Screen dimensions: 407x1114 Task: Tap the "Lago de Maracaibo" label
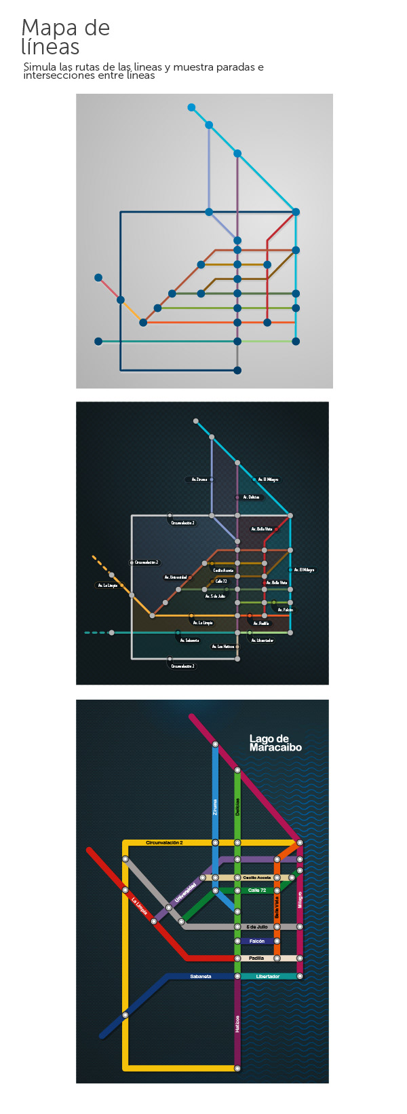[x=275, y=743]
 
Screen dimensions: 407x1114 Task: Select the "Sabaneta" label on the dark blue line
[x=201, y=976]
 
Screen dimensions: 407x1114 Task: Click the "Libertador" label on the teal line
[x=268, y=976]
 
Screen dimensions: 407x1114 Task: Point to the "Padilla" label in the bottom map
[x=256, y=958]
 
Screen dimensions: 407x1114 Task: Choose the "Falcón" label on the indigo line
[x=257, y=941]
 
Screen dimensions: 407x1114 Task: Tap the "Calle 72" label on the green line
[x=257, y=891]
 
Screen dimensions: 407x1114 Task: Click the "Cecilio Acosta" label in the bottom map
[x=257, y=878]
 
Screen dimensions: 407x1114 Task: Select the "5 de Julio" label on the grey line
[x=257, y=927]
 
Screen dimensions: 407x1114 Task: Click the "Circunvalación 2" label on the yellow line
[x=164, y=843]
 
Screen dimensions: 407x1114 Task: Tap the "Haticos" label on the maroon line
[x=237, y=1024]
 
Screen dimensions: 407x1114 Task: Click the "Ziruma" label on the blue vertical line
[x=215, y=806]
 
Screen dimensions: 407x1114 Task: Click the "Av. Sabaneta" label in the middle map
[x=190, y=641]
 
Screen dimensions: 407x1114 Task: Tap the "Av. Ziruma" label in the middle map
[x=199, y=480]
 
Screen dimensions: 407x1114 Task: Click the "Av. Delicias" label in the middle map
[x=250, y=497]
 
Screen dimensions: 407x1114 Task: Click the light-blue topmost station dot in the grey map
[x=191, y=107]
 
